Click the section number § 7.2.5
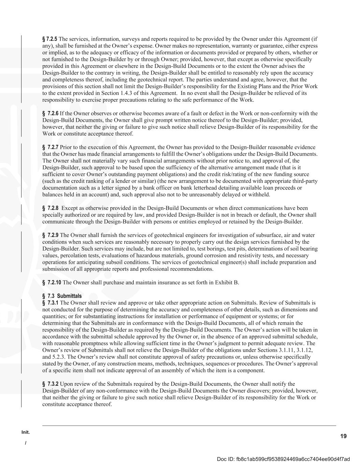pyautogui.click(x=50, y=39)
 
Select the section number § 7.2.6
pyautogui.click(x=51, y=113)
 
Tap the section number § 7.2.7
pyautogui.click(x=51, y=147)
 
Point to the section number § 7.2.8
pyautogui.click(x=51, y=208)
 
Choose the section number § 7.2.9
pyautogui.click(x=51, y=235)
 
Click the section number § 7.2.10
pyautogui.click(x=52, y=283)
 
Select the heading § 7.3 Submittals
pyautogui.click(x=62, y=296)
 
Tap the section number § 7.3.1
pyautogui.click(x=51, y=303)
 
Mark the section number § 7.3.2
pyautogui.click(x=51, y=384)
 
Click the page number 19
pyautogui.click(x=343, y=436)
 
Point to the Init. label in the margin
pyautogui.click(x=26, y=432)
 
